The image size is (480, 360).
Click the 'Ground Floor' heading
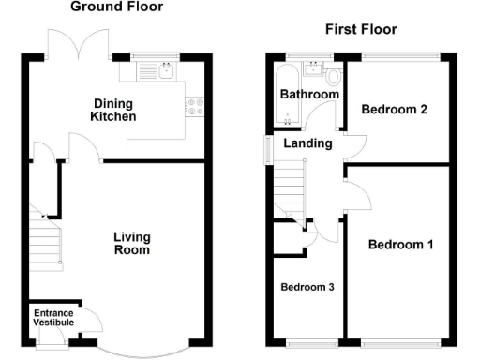116,7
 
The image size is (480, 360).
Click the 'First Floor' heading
361,30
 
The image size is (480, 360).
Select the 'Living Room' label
131,244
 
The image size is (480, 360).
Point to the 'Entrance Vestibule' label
53,317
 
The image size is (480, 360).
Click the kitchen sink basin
166,69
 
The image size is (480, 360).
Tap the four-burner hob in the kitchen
197,107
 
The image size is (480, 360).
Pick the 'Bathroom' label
309,95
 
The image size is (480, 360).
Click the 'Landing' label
307,143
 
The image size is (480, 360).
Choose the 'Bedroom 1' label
400,246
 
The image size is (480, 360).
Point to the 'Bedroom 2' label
395,110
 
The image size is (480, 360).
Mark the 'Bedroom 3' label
307,287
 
